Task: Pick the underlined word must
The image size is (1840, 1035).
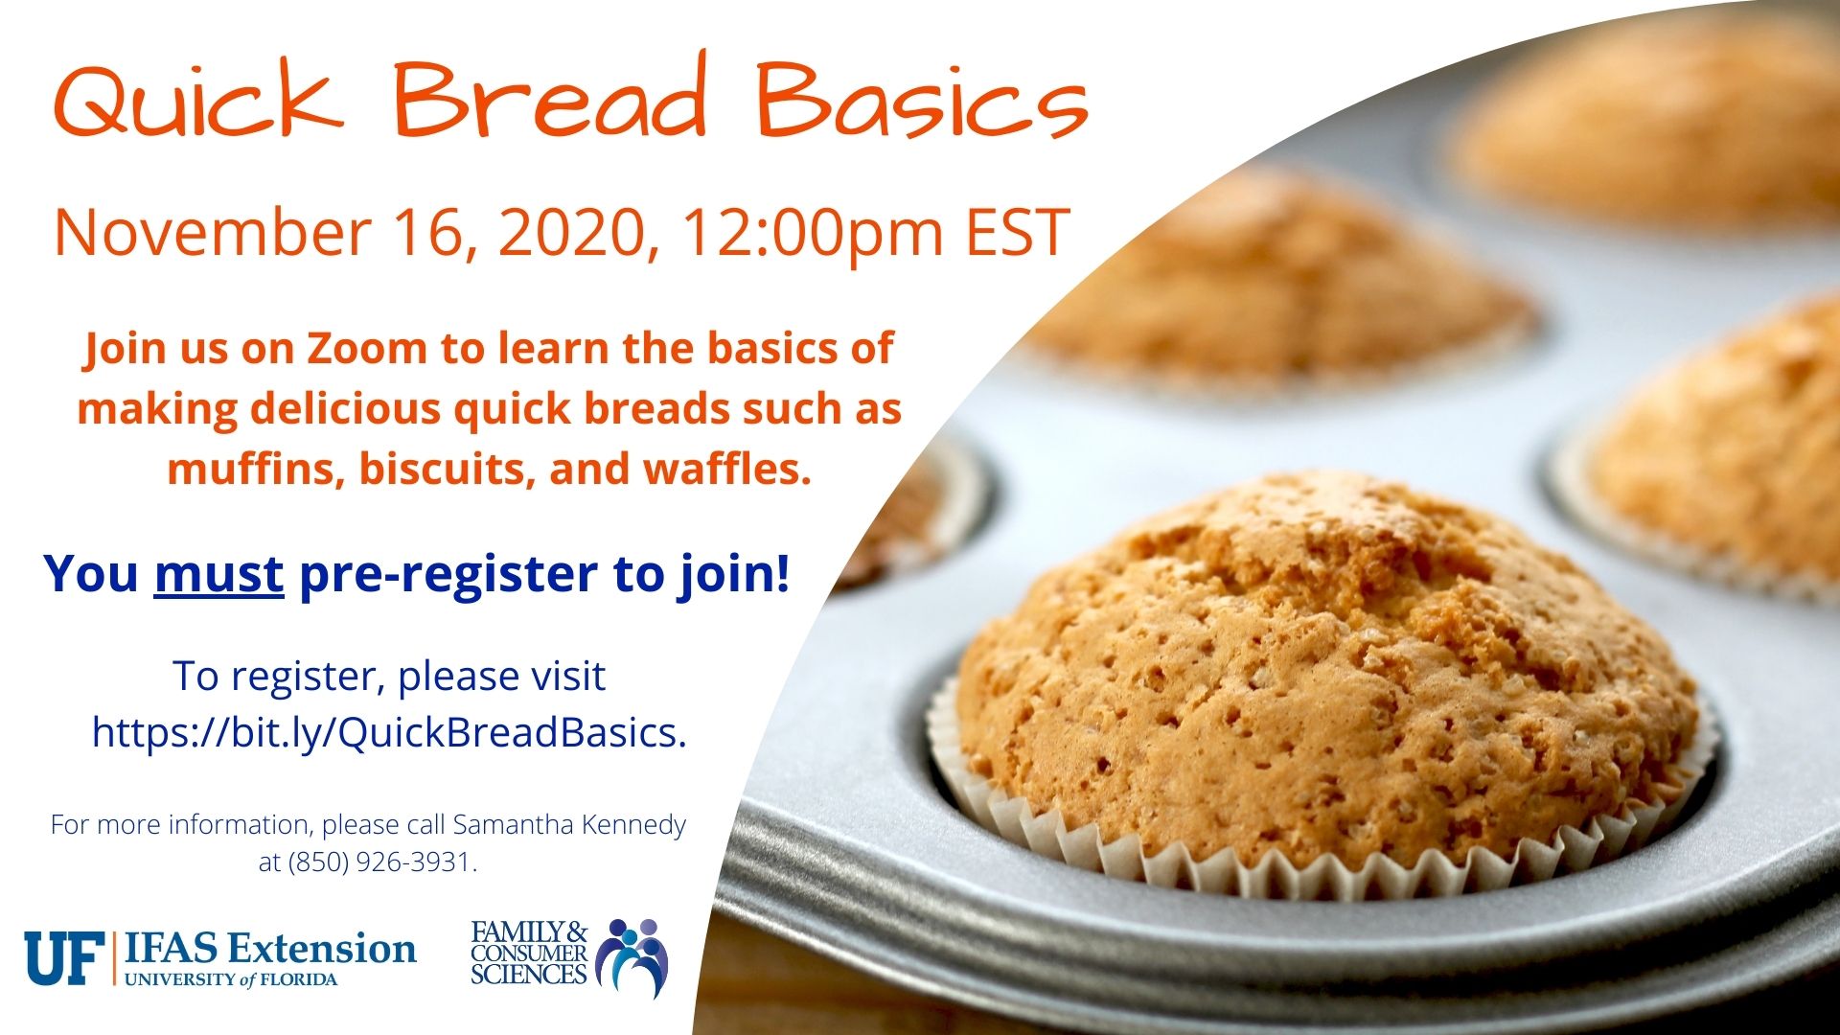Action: [218, 574]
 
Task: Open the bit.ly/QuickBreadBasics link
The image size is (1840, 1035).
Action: [389, 733]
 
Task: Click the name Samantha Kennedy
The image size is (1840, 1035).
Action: [569, 825]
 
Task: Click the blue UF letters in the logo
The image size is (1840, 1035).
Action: [63, 957]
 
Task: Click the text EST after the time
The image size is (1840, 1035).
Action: [1018, 232]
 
